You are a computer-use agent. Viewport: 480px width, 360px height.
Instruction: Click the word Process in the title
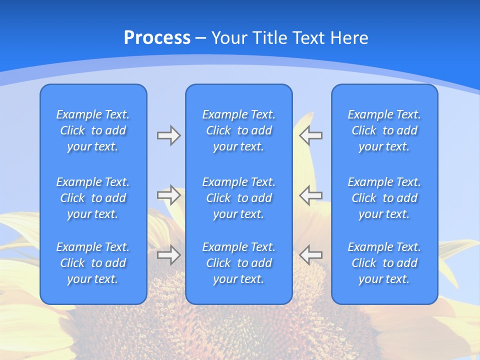(x=157, y=38)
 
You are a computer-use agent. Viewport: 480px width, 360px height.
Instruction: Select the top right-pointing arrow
(x=168, y=135)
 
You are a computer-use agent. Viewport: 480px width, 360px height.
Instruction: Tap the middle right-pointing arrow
(x=168, y=195)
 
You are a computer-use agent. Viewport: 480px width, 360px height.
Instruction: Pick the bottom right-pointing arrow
(x=168, y=255)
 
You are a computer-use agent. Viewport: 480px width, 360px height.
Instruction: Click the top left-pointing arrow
(x=310, y=135)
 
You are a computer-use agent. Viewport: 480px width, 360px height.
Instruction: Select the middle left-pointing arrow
(x=310, y=195)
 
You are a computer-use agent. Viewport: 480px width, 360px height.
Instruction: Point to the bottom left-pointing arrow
(x=310, y=255)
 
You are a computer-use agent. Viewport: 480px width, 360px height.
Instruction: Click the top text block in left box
(x=93, y=130)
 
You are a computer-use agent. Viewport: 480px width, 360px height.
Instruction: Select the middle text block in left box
(x=93, y=198)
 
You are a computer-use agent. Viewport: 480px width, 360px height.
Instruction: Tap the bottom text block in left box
(x=93, y=263)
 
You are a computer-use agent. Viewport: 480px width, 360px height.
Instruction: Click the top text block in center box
(x=239, y=130)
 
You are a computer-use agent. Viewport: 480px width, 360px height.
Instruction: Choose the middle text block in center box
(x=239, y=198)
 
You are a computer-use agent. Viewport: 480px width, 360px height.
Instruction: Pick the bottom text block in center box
(x=239, y=263)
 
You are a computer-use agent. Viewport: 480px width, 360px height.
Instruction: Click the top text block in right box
(x=384, y=130)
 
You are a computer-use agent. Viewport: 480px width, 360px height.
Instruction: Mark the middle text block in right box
(x=384, y=198)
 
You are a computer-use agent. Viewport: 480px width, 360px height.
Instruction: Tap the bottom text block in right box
(x=384, y=263)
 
